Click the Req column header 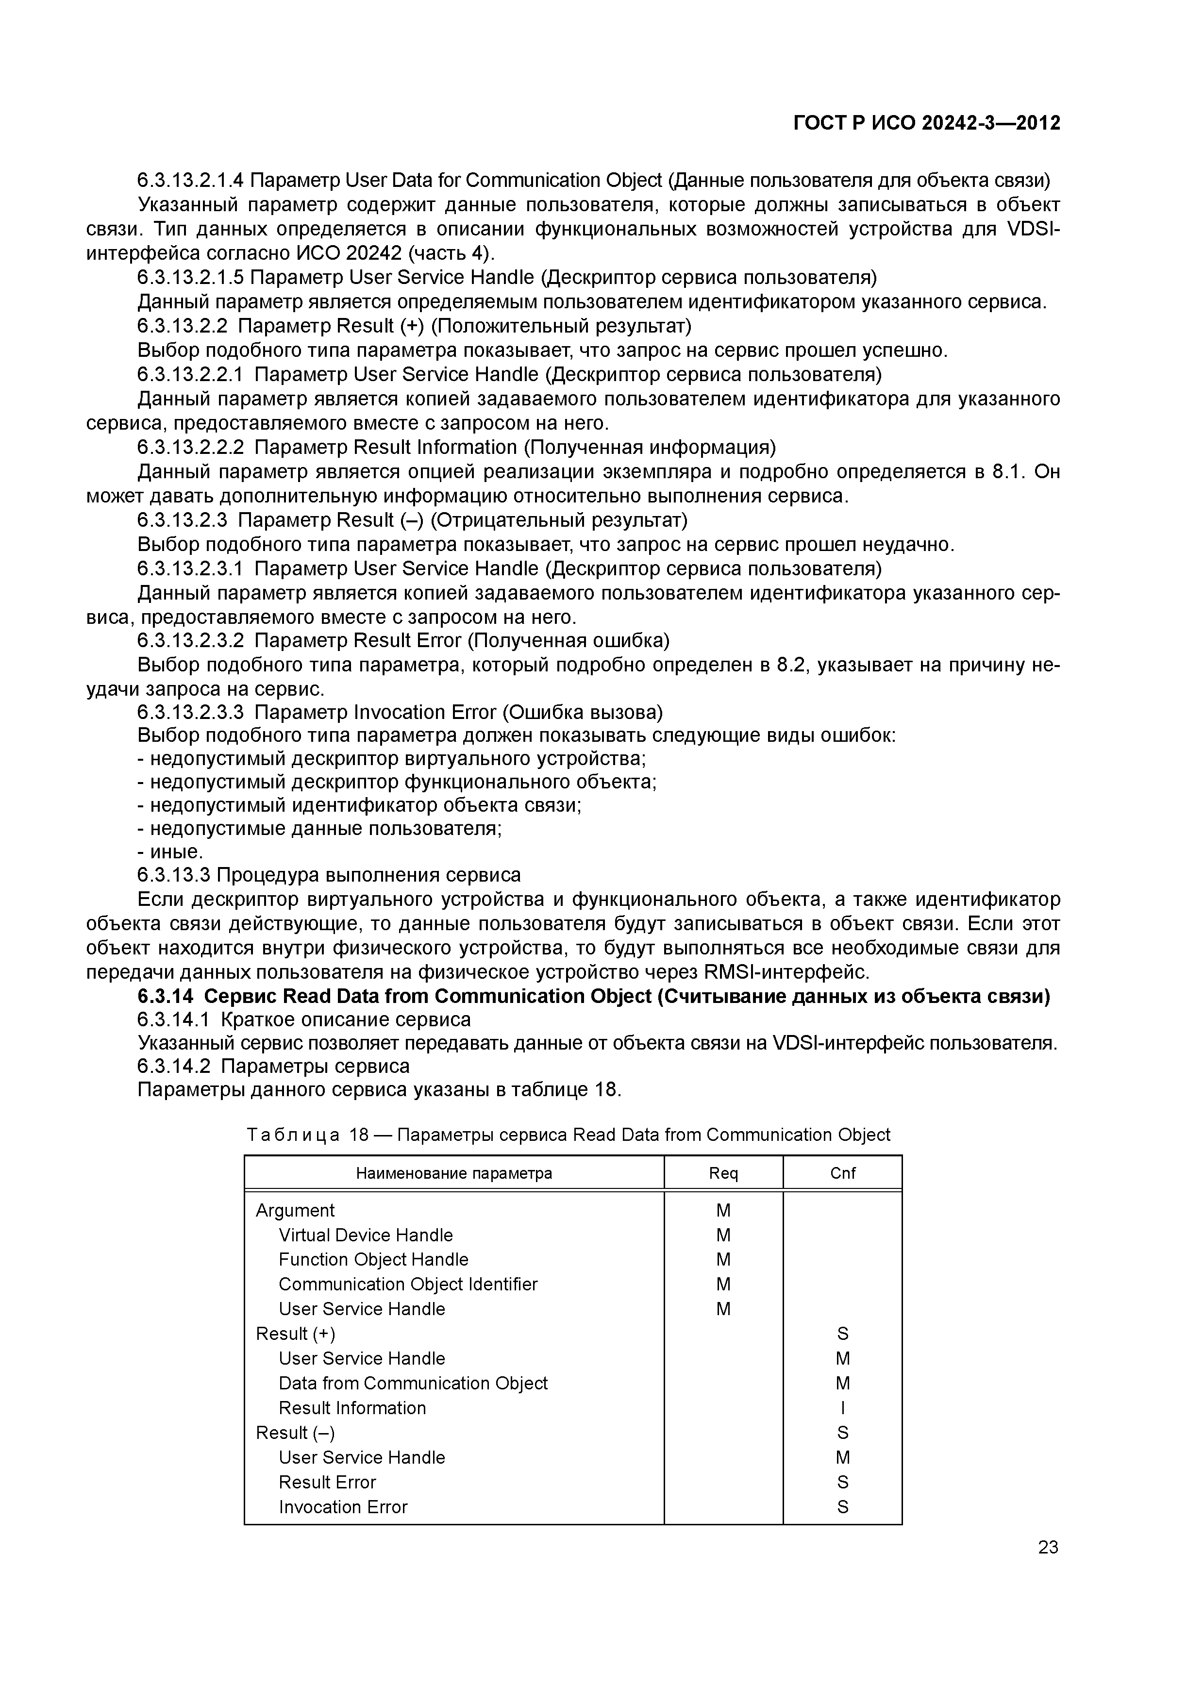tap(723, 1173)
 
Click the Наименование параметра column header tap(454, 1173)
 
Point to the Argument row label tap(295, 1210)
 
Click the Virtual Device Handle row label tap(366, 1235)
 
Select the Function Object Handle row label tap(373, 1259)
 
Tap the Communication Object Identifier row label tap(408, 1284)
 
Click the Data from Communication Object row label tap(413, 1383)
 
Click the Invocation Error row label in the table tap(343, 1506)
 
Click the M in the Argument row tap(723, 1210)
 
